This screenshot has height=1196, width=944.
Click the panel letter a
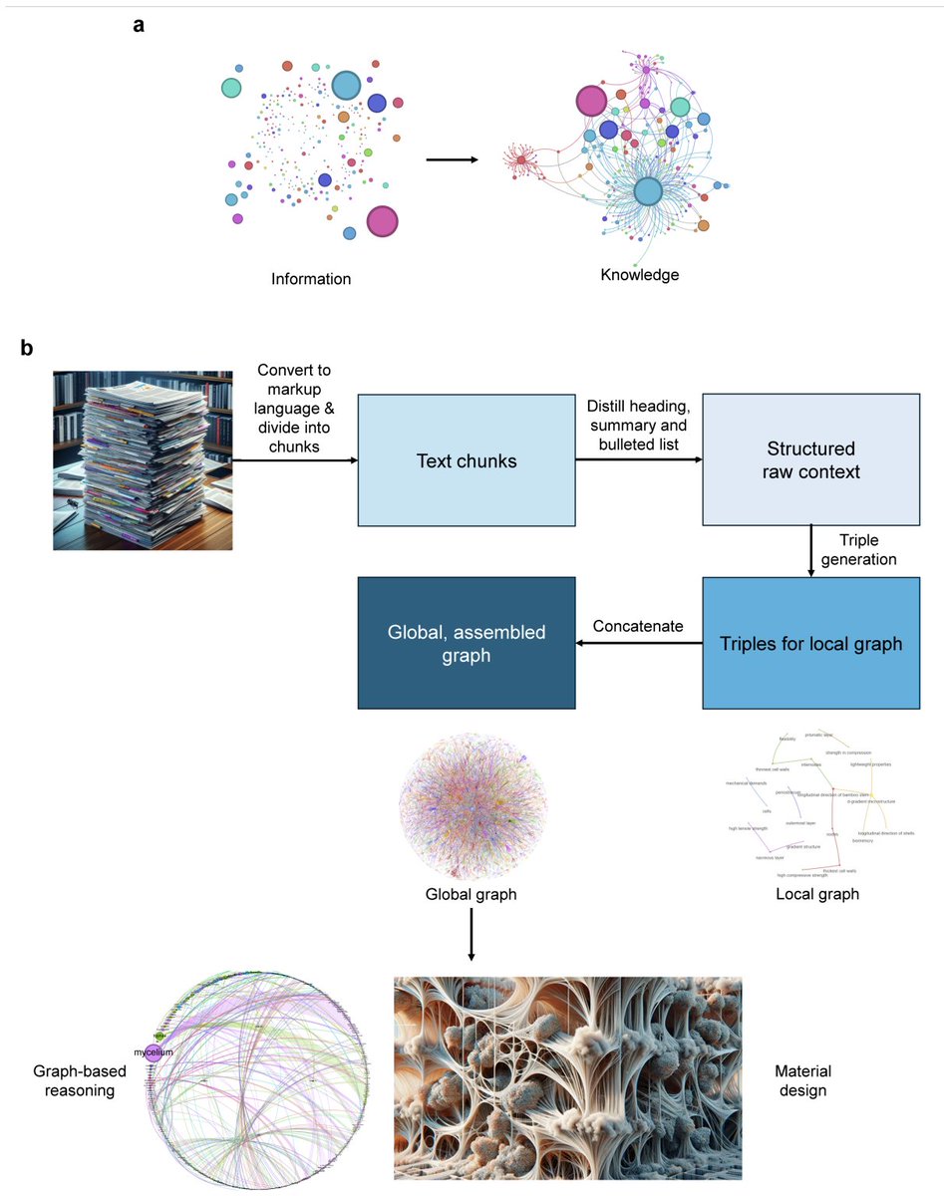click(x=139, y=27)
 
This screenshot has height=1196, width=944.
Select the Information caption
click(x=311, y=279)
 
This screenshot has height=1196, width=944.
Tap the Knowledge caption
click(x=639, y=274)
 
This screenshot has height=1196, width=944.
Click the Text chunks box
click(x=466, y=459)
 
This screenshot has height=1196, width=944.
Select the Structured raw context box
click(x=810, y=459)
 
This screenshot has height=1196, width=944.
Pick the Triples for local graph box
click(x=810, y=644)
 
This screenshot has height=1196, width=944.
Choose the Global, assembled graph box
click(x=466, y=643)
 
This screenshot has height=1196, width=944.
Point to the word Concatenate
click(x=639, y=626)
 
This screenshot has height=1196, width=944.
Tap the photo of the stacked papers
click(x=143, y=459)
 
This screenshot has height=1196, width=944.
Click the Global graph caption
click(x=471, y=894)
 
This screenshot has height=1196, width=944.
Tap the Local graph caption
click(x=816, y=894)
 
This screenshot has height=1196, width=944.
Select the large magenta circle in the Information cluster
click(x=381, y=221)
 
